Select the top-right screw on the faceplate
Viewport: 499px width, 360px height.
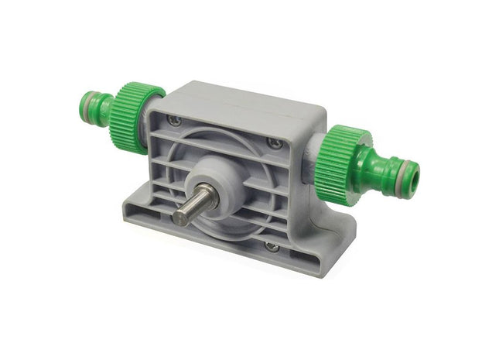[275, 143]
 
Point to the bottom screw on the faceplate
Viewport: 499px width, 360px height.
[271, 246]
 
